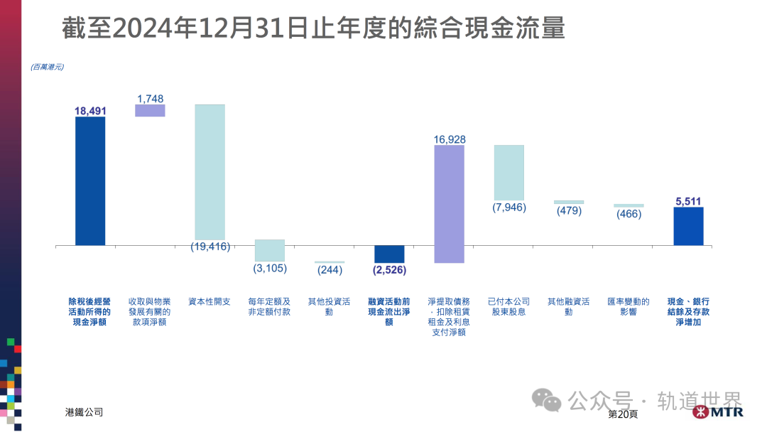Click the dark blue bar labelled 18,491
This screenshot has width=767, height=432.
tap(90, 180)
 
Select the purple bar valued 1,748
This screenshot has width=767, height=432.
tap(150, 110)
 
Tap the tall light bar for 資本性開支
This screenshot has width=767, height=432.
tap(210, 172)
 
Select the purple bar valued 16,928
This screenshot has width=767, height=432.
tap(449, 204)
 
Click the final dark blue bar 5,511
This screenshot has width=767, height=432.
tap(688, 226)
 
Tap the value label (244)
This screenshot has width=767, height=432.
tap(330, 270)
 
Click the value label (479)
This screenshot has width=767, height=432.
tap(568, 211)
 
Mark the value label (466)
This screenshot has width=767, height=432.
tap(629, 214)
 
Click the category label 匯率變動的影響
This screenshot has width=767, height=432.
tap(629, 306)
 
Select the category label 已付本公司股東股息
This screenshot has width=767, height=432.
tap(508, 306)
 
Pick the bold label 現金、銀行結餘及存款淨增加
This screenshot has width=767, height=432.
tap(688, 311)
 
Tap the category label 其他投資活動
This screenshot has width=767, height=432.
tap(330, 306)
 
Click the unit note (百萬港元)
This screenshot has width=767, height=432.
tap(47, 67)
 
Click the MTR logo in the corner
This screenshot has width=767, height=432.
tap(717, 413)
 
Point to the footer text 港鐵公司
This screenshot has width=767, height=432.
tap(84, 412)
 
